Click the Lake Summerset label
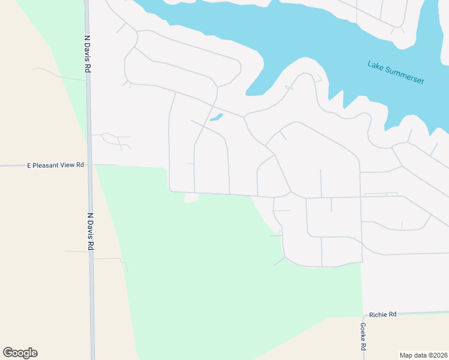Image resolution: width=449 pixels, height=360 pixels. coord(396,72)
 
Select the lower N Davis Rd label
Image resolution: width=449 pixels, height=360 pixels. coord(91,232)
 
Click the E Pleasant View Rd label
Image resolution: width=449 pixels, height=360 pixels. coord(55,165)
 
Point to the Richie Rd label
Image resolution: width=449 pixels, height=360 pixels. coord(383,314)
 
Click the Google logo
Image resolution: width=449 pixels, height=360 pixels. coord(20,353)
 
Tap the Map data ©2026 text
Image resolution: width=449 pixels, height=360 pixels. coord(424,355)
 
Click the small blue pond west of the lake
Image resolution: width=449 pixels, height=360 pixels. coord(216,117)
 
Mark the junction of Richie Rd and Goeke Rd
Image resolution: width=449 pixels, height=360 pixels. coord(363,314)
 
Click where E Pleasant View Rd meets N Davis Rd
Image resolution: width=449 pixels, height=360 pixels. coord(89,164)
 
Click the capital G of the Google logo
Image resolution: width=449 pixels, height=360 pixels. coord(8,353)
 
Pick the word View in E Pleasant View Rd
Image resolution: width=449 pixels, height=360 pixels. coord(68,165)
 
